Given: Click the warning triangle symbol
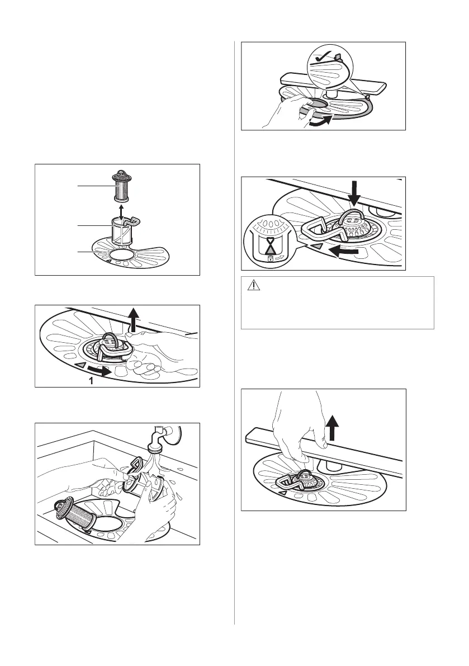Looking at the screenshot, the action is pos(254,286).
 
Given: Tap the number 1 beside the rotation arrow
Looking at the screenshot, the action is pos(91,381).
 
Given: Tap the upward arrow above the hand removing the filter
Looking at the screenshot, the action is pos(133,319).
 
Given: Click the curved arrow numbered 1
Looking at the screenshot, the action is pos(101,370).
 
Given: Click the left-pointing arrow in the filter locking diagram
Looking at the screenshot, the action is pos(346,252).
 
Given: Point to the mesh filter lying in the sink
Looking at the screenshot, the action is pos(73,513).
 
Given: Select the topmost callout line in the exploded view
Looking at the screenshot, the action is pos(96,186).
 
